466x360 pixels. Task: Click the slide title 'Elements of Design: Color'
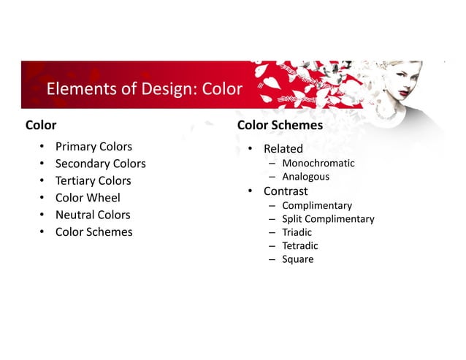tap(144, 89)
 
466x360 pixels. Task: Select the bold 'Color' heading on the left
tap(41, 125)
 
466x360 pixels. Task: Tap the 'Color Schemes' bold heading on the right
tap(280, 125)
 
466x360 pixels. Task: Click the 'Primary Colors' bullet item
tap(93, 147)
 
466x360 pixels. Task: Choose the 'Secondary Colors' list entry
tap(100, 164)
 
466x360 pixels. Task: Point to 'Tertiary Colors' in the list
tap(93, 180)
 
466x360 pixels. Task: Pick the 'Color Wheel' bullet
tap(88, 198)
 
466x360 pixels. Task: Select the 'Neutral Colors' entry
tap(93, 215)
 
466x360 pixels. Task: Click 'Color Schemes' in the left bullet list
tap(93, 232)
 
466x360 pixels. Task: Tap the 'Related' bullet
tap(283, 149)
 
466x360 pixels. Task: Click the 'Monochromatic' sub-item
tap(318, 163)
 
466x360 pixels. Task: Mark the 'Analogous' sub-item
tap(305, 177)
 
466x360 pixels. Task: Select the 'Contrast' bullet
tap(286, 191)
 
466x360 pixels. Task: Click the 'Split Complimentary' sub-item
tap(328, 219)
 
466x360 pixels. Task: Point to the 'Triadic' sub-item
tap(297, 232)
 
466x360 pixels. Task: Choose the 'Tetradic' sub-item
tap(299, 245)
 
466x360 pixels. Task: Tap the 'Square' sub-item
tap(297, 258)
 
